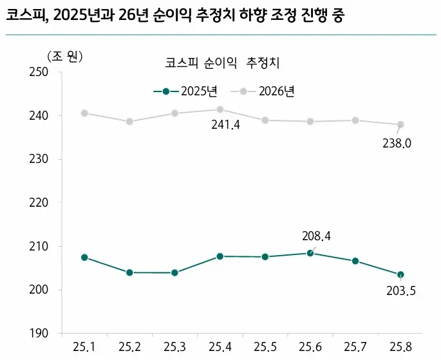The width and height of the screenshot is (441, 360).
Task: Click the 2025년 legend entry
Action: pos(189,91)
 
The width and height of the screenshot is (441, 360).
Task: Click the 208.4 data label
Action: pos(316,236)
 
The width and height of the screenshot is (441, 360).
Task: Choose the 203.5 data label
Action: pos(401,290)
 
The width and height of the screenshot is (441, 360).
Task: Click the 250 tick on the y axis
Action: pos(40,72)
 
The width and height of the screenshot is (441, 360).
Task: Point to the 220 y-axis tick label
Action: pos(40,203)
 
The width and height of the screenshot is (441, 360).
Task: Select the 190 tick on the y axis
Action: pos(40,334)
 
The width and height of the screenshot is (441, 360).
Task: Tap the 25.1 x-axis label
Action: pos(84,348)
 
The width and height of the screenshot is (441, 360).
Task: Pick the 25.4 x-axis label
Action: pos(220,348)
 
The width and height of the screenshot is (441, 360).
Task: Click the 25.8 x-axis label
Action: pos(400,348)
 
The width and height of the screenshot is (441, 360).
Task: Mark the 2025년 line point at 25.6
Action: pos(310,253)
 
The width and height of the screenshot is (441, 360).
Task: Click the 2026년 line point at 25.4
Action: pos(220,109)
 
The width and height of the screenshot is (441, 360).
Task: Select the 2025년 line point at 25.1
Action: pos(84,257)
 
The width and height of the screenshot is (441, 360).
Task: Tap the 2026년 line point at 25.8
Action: pos(400,124)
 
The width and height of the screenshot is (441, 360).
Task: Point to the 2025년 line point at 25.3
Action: pos(174,272)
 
